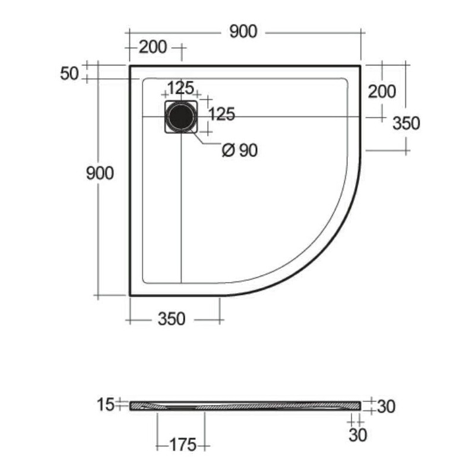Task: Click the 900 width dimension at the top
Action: [243, 31]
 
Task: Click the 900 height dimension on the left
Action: [100, 173]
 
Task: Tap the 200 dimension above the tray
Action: [153, 47]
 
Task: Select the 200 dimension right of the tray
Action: [382, 91]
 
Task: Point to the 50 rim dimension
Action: [69, 74]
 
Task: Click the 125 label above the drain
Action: [180, 88]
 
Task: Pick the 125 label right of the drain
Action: [222, 114]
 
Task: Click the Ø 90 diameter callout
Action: [240, 150]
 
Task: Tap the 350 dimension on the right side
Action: [406, 123]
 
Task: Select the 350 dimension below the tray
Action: [172, 319]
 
